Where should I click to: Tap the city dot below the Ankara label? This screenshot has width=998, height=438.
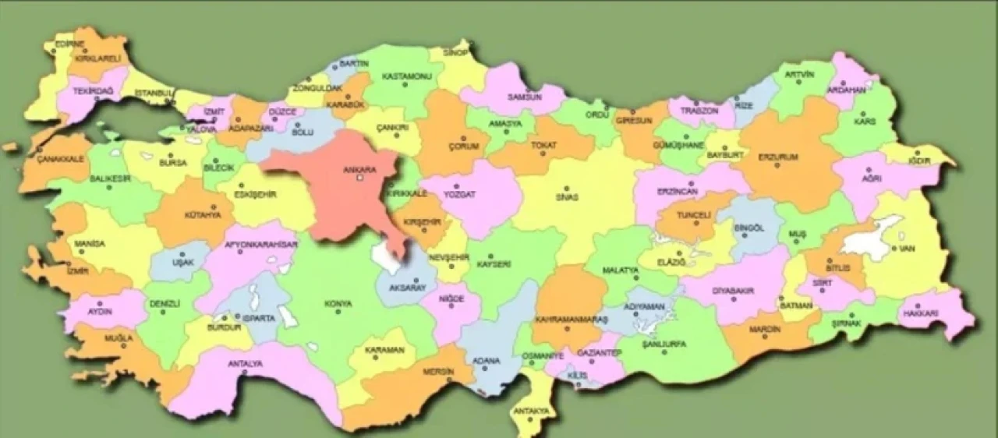click(359, 178)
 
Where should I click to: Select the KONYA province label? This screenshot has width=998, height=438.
click(338, 303)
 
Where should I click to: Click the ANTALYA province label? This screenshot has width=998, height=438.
click(245, 363)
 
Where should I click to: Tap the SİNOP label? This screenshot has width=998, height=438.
click(456, 53)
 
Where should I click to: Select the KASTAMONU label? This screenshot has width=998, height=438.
click(406, 76)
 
